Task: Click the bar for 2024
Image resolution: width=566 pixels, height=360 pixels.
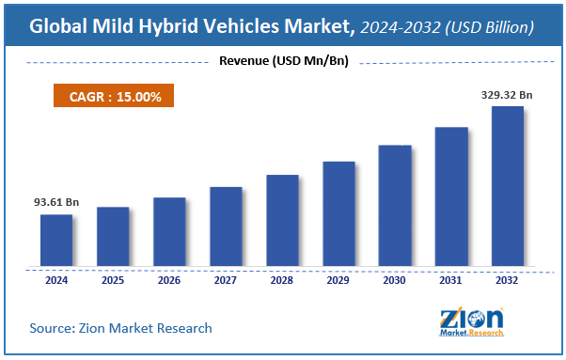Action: tap(56, 241)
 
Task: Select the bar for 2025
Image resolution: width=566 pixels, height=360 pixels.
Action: tap(113, 237)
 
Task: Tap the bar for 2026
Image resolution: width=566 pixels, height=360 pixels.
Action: tap(169, 232)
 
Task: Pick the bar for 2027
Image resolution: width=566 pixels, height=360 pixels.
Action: tap(226, 227)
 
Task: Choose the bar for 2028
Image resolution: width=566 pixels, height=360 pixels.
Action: tap(282, 221)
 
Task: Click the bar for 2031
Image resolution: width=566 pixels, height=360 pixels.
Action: tap(451, 196)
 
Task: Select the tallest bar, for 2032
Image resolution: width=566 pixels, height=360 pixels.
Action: tap(508, 186)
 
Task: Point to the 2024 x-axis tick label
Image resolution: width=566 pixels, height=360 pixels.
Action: tap(56, 279)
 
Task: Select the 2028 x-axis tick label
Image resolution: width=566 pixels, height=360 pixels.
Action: tap(282, 279)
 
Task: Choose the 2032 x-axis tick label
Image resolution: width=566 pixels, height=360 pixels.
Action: tap(508, 279)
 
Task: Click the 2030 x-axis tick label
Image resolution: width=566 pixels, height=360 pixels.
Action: tap(395, 279)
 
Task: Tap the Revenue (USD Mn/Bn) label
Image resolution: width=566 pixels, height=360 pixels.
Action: tap(281, 62)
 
